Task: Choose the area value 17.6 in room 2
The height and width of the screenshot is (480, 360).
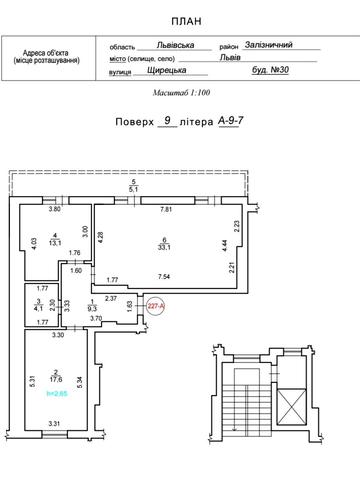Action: [x=43, y=379]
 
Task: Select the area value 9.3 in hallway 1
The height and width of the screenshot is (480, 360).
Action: [x=93, y=308]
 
